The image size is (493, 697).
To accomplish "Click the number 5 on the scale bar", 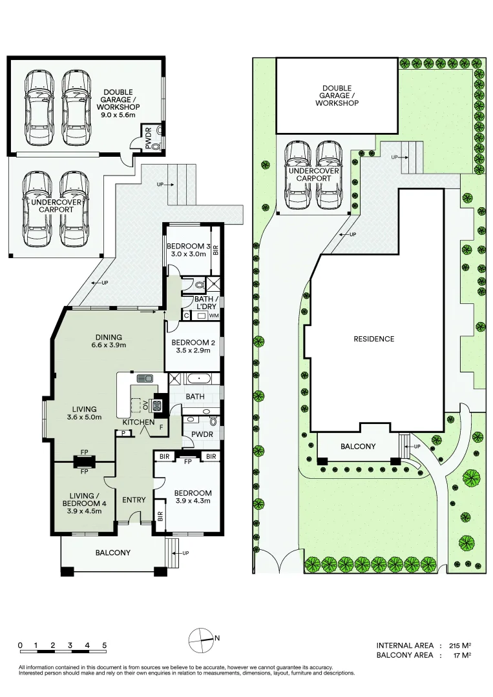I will point(104,645).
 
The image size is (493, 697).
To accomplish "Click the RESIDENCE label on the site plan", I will point(373,339).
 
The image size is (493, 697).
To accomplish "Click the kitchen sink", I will point(143,378).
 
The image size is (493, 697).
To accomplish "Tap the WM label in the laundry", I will point(214,316).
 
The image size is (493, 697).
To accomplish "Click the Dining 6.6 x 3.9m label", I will point(108,341).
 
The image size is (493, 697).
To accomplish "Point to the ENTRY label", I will point(134,500).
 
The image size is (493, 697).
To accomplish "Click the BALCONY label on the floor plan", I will point(113,552).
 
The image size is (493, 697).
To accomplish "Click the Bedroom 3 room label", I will point(187,250).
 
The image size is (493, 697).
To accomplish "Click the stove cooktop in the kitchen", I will point(156,405).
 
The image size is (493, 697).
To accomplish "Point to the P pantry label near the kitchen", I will point(122,434).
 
